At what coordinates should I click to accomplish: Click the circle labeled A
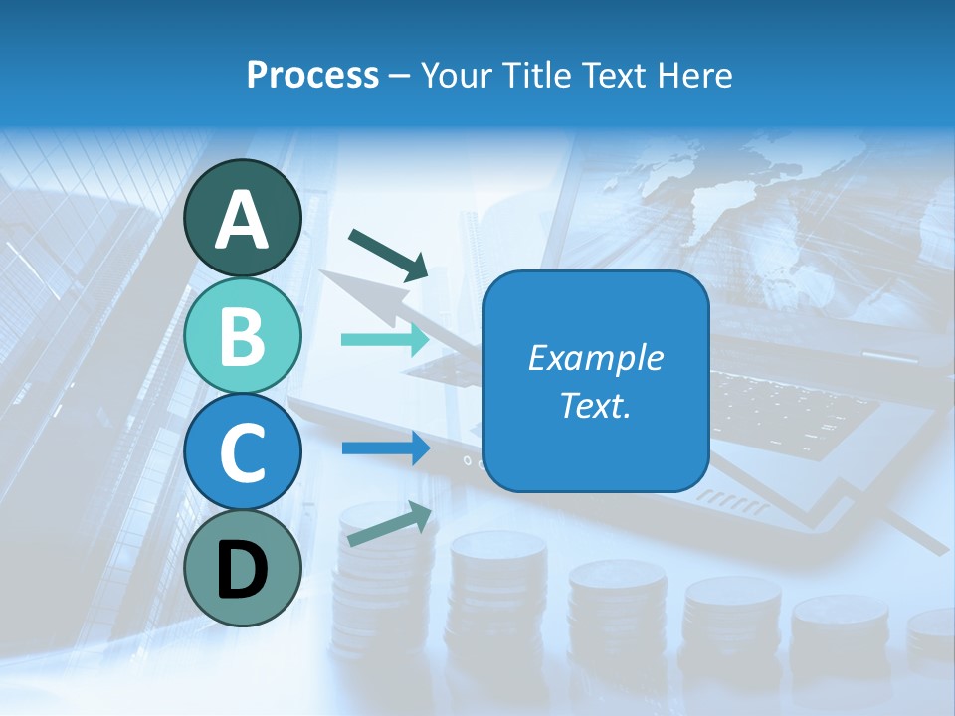tap(243, 219)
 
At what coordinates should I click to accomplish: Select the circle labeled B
tap(243, 336)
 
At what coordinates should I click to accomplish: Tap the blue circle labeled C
tap(243, 452)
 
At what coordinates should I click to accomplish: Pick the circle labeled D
tap(243, 568)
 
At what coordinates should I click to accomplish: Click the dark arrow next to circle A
tap(388, 254)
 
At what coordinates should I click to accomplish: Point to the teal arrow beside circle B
tap(385, 340)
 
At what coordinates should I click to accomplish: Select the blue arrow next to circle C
tap(385, 447)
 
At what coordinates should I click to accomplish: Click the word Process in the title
tap(312, 76)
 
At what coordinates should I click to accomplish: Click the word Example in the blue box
tap(595, 358)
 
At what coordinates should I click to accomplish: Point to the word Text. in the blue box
tap(595, 406)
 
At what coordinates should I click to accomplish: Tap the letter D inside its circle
tap(243, 570)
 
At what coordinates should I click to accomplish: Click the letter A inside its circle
tap(243, 220)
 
